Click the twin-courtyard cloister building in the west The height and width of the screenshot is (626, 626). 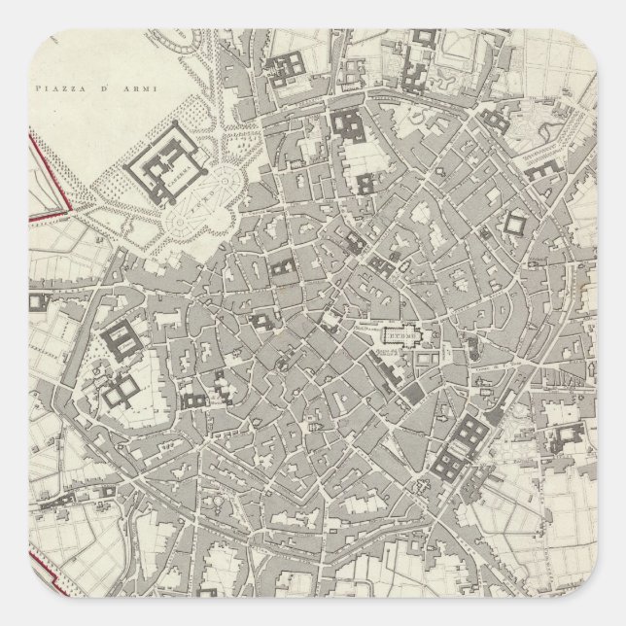point(122,390)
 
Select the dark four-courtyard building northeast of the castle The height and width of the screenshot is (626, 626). point(289,66)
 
